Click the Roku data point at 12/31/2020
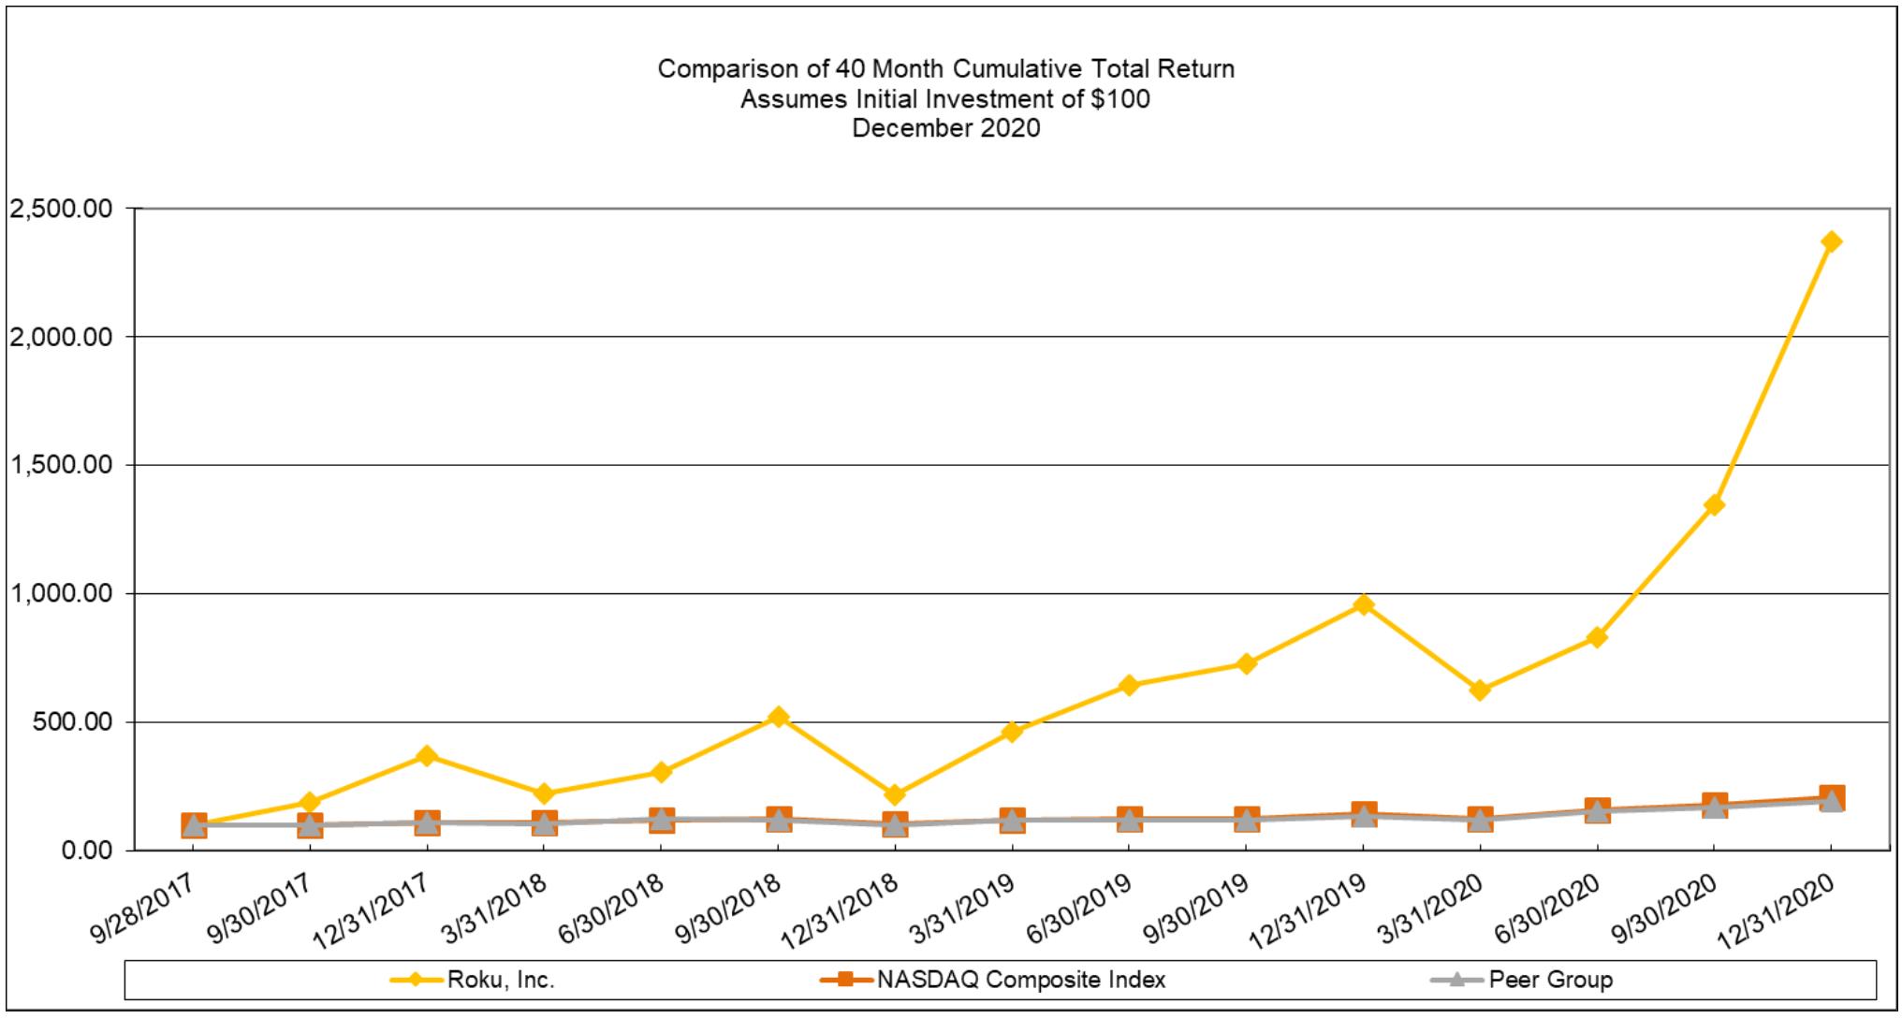[x=1831, y=242]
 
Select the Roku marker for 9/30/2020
[x=1714, y=505]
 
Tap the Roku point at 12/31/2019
[x=1363, y=604]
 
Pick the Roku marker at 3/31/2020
[x=1480, y=691]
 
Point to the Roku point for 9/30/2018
[x=777, y=717]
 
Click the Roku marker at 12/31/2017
[x=427, y=756]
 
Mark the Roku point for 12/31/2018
[x=894, y=795]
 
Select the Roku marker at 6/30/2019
[x=1129, y=686]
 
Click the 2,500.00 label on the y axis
[x=60, y=209]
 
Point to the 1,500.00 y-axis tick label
[x=60, y=465]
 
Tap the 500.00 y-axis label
[x=72, y=722]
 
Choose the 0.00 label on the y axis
[x=86, y=851]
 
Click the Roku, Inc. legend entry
[x=501, y=980]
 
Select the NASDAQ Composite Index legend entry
[x=1021, y=980]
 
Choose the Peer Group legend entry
[x=1550, y=980]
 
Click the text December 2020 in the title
[x=945, y=128]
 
